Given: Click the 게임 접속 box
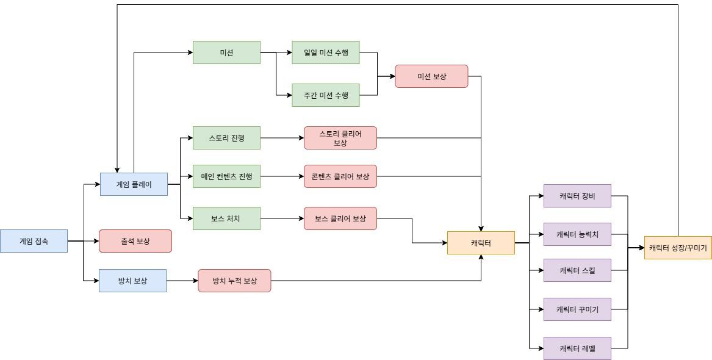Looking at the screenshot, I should [34, 241].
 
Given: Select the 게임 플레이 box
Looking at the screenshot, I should [134, 184].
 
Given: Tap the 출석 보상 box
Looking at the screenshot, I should [135, 241].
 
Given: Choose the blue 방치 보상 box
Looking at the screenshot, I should [132, 281].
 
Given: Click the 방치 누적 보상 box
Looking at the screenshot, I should [234, 281].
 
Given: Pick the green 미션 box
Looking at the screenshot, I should [226, 52].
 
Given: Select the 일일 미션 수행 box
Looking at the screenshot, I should [326, 52].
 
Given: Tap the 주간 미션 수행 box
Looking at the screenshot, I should [326, 95].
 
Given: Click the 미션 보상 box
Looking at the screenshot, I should [431, 76].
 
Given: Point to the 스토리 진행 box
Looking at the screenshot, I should [226, 138].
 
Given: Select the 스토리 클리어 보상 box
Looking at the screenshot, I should [340, 138].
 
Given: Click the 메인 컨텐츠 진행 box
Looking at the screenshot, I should [226, 176].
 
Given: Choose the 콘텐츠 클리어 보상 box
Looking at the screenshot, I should [340, 176].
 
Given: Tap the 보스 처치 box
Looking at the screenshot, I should [226, 218].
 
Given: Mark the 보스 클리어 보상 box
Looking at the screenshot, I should [340, 218].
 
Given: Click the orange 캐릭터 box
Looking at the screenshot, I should [481, 243].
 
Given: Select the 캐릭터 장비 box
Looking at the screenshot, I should [577, 196].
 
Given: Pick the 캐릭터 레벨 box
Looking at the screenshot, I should [577, 348].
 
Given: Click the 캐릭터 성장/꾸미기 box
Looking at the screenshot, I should [678, 248].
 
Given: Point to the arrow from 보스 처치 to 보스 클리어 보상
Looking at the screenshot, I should [282, 218].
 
